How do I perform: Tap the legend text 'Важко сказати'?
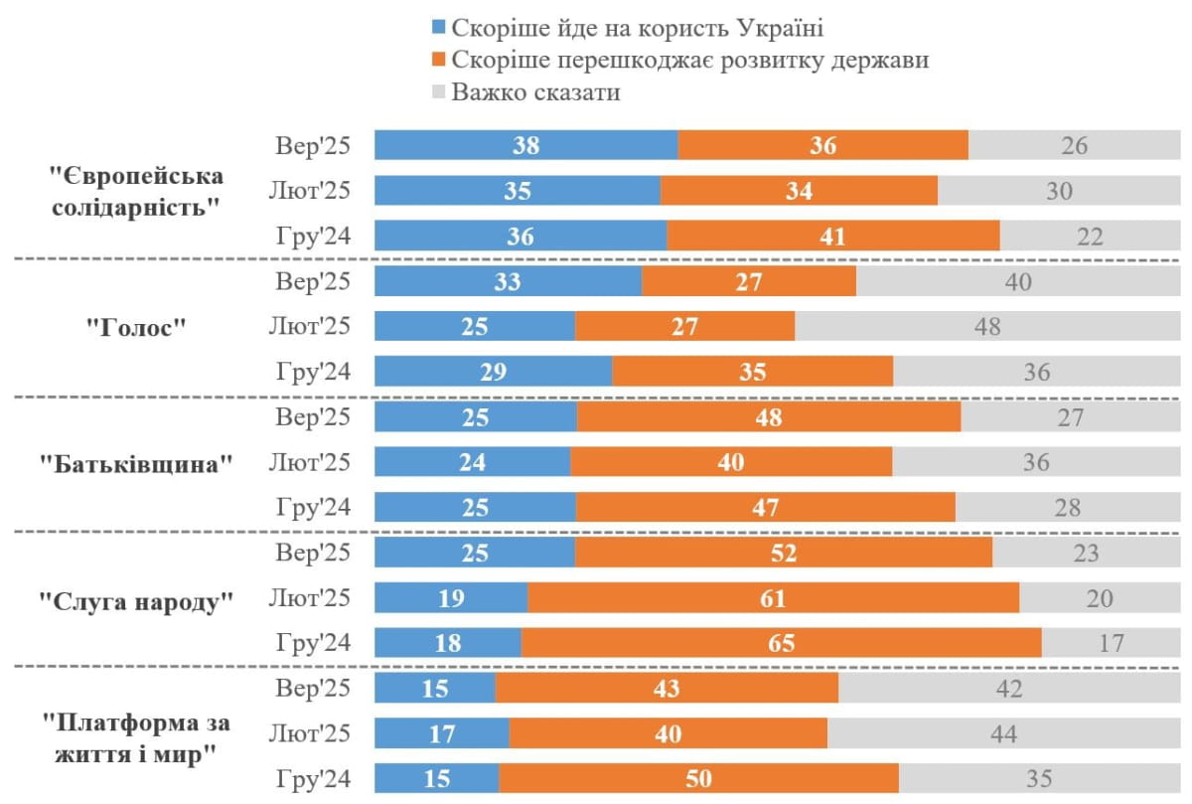[x=535, y=92]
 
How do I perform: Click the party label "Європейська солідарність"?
[x=137, y=192]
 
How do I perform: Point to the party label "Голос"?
[x=137, y=328]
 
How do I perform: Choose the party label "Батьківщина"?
[x=137, y=464]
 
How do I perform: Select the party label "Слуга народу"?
[x=137, y=600]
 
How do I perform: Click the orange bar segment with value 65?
[x=781, y=643]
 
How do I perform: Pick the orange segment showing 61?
[x=773, y=598]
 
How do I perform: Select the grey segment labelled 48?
[x=987, y=326]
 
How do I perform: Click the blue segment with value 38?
[x=525, y=145]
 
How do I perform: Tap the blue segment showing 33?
[x=508, y=281]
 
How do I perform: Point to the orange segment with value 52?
[x=783, y=553]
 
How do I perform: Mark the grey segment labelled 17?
[x=1112, y=643]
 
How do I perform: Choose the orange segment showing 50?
[x=698, y=779]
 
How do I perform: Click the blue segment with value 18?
[x=448, y=643]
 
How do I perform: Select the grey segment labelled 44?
[x=1003, y=734]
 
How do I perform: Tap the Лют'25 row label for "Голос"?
[x=310, y=326]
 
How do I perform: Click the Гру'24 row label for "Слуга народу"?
[x=313, y=643]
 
